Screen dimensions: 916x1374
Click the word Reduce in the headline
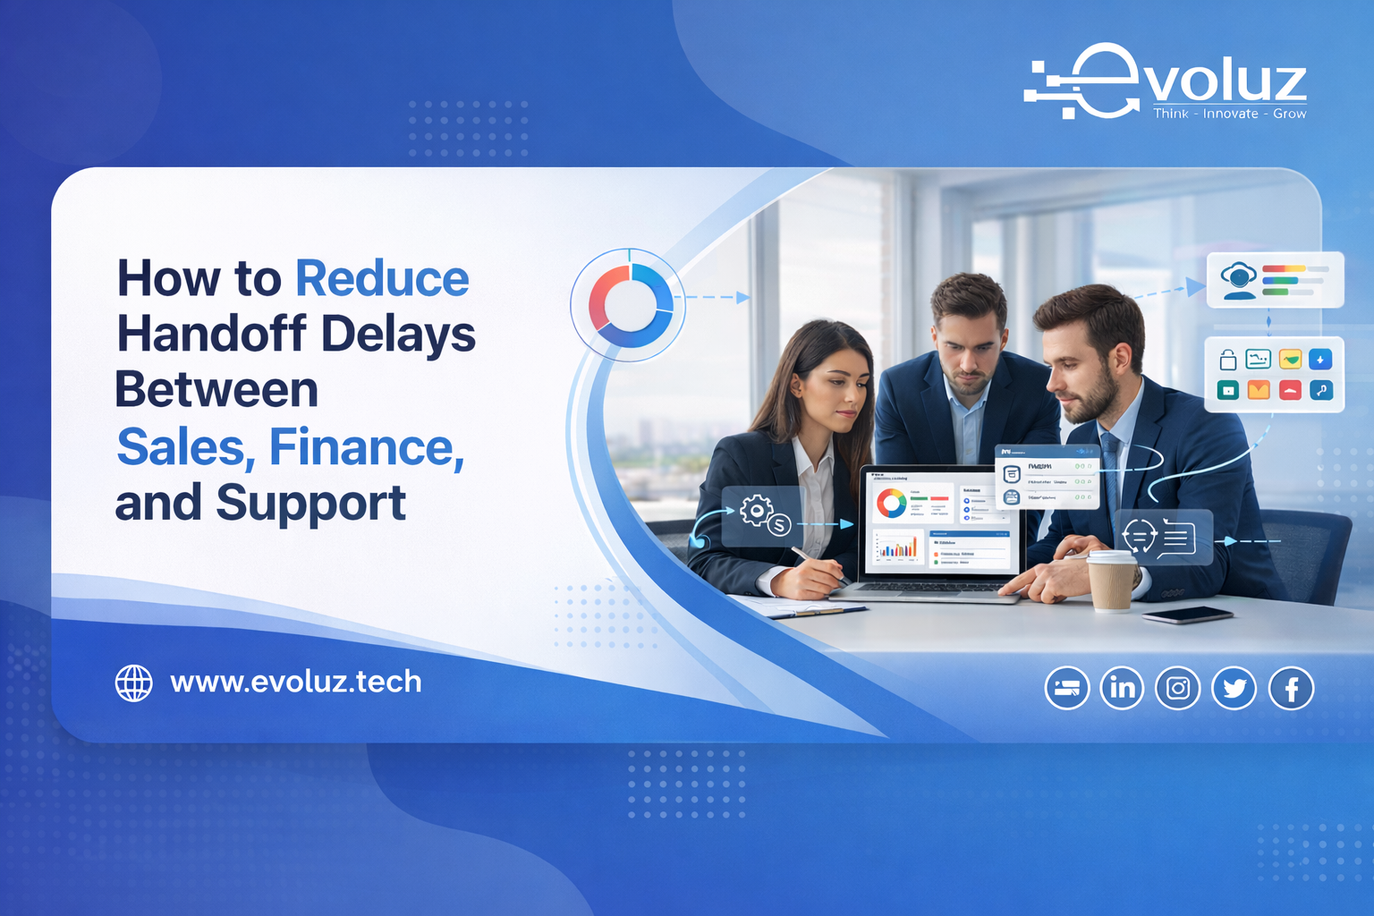382,279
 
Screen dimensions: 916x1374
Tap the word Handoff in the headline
212,335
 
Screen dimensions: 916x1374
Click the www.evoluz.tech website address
295,682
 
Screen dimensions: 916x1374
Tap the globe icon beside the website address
134,683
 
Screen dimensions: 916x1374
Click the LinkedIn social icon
1122,688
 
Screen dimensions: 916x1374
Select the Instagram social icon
1178,688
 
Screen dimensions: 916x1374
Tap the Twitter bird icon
1234,688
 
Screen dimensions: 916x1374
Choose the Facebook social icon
1291,689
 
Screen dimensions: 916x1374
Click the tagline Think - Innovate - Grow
1229,114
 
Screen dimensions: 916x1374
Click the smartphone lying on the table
1187,615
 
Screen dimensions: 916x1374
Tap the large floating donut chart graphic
630,305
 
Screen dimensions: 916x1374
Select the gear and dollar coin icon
763,516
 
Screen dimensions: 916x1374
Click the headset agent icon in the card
1239,280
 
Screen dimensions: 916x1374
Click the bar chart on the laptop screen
897,547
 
